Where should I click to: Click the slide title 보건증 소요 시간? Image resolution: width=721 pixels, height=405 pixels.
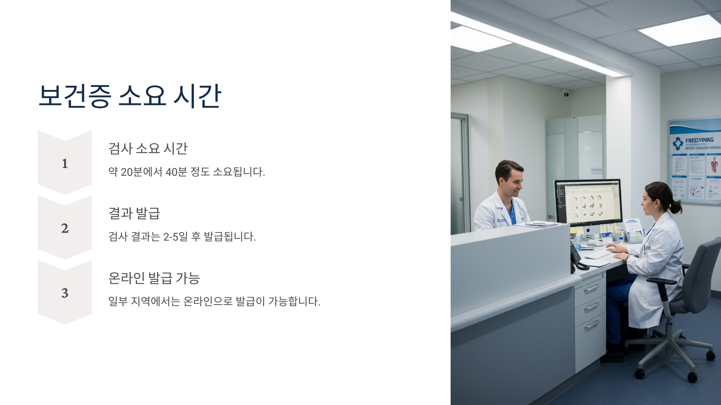point(130,96)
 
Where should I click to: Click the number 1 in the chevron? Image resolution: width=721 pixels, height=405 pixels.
point(65,164)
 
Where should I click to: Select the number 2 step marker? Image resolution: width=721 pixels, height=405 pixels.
point(65,229)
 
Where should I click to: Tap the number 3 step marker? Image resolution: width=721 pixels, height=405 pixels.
point(65,293)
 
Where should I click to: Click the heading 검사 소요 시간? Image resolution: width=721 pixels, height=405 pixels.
point(148,148)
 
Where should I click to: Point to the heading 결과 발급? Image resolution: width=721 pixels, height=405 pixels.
point(134,213)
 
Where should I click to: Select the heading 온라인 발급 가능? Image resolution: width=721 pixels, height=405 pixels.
point(154,278)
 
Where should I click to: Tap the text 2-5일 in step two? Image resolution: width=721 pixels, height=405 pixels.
point(175,237)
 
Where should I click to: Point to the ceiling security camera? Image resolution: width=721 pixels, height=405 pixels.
point(566,94)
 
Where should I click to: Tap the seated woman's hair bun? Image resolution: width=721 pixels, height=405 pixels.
point(676,207)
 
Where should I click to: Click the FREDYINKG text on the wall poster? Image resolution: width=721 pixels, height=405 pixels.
point(699,140)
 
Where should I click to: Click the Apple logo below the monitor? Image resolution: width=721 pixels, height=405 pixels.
point(588,230)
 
